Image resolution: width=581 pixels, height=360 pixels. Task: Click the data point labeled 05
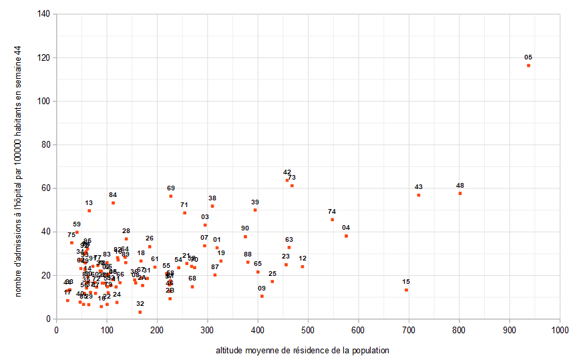coord(528,65)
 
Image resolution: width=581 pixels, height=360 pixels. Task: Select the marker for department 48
coord(460,193)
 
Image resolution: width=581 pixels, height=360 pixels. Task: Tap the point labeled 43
coord(419,195)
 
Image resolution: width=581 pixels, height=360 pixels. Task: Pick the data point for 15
coord(406,290)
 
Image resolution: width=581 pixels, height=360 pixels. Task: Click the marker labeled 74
coord(332,219)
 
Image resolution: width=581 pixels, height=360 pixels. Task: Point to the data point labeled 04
coord(346,236)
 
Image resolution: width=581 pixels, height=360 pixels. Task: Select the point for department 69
coord(171,196)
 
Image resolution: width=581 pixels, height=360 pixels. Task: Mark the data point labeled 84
coord(113,202)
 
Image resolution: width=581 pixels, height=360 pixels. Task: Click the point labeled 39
coord(255,210)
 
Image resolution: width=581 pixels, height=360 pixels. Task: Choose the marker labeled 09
coord(262,296)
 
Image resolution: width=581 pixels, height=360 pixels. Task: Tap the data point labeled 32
coord(140,312)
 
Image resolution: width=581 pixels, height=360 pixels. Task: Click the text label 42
coord(287,172)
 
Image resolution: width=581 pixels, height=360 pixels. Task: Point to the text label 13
coord(89,202)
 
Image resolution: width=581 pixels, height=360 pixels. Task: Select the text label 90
coord(245,228)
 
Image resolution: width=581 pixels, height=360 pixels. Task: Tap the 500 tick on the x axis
coord(308,329)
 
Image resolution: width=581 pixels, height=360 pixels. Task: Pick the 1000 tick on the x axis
coord(560,329)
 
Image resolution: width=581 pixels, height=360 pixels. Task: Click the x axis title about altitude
coord(302,350)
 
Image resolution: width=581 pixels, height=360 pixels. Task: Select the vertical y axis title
coord(19,166)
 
